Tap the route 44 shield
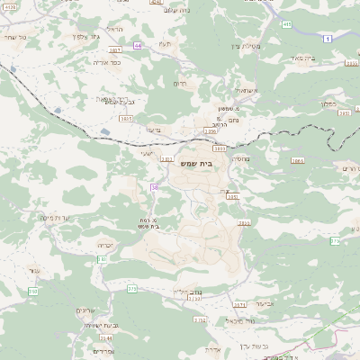pos(137,45)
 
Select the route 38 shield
pos(155,187)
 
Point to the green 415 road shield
pos(287,25)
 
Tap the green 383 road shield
pos(102,259)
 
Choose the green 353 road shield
pos(33,292)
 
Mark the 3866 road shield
pos(298,160)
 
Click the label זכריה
pos(104,243)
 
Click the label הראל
pos(114,30)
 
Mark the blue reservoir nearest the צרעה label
pos(105,132)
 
